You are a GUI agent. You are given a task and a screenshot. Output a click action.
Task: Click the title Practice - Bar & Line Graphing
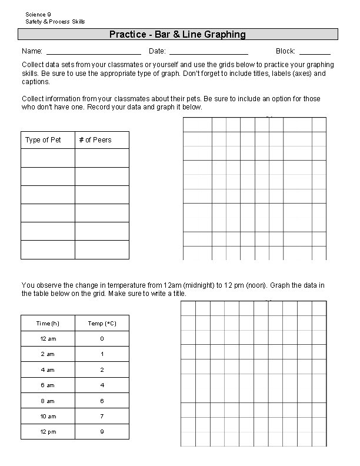(x=177, y=35)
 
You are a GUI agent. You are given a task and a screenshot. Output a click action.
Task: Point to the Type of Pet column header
(x=43, y=140)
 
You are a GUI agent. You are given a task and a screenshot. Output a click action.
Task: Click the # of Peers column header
(x=95, y=140)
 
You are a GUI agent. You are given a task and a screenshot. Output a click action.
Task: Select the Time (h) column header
(x=47, y=324)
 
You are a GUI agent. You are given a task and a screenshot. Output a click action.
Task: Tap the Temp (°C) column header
(x=102, y=324)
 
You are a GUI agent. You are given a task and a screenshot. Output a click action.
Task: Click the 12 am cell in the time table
(x=47, y=339)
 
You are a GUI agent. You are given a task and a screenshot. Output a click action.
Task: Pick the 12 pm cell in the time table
(x=47, y=431)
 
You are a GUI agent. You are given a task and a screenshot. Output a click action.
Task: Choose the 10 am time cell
(x=47, y=416)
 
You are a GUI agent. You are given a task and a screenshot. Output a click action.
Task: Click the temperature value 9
(x=102, y=431)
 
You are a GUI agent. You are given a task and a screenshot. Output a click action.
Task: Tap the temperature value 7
(x=102, y=416)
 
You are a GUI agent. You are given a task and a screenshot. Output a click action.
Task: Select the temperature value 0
(x=102, y=339)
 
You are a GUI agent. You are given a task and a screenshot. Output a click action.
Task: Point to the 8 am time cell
(x=47, y=401)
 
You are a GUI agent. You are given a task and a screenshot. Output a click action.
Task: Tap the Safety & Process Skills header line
(x=55, y=22)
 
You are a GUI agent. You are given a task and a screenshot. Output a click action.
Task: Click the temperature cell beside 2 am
(x=102, y=354)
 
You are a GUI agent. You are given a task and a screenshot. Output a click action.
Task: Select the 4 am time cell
(x=47, y=370)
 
